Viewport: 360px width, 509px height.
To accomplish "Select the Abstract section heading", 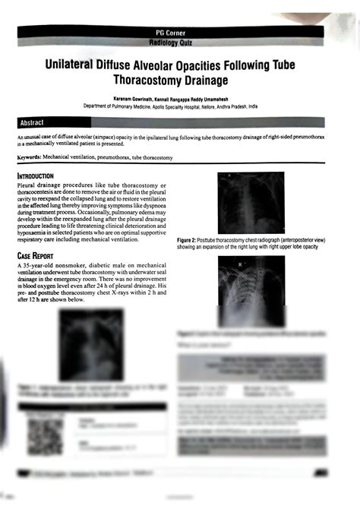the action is [x=32, y=122].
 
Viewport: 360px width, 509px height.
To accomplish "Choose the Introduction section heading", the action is [x=40, y=176].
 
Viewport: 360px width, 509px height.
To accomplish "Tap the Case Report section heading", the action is [x=39, y=255].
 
